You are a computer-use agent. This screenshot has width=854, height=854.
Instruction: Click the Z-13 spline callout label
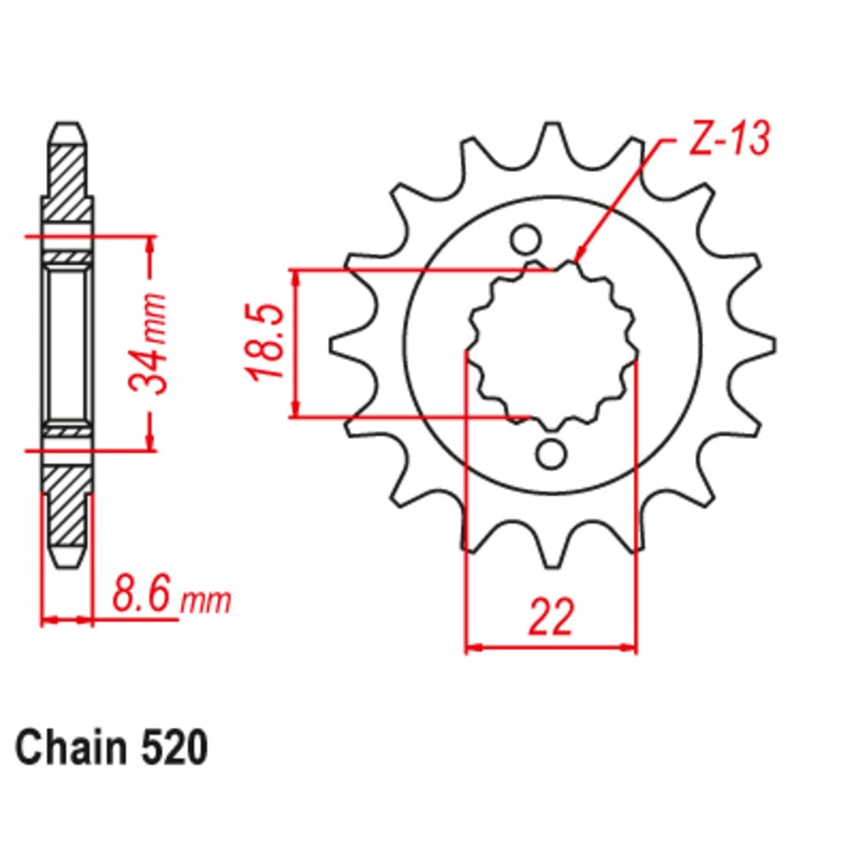click(729, 138)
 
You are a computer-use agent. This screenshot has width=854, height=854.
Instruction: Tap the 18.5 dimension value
click(266, 343)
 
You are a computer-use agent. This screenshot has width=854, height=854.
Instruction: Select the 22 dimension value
click(551, 617)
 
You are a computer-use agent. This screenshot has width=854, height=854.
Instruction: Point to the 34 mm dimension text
click(148, 343)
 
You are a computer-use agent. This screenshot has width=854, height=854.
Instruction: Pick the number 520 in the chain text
click(174, 747)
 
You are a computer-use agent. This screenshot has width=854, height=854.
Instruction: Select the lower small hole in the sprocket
click(551, 453)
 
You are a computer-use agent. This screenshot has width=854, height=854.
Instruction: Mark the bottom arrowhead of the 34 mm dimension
click(150, 442)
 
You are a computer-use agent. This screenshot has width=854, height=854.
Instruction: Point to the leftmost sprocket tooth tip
click(333, 344)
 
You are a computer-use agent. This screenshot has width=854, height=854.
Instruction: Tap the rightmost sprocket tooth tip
click(771, 344)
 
